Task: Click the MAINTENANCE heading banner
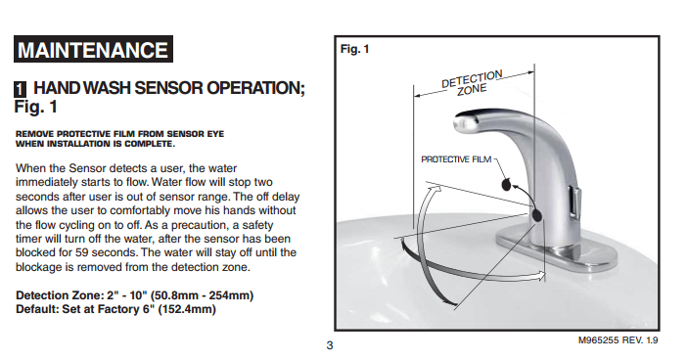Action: click(x=93, y=49)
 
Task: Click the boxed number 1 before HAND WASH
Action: click(x=20, y=89)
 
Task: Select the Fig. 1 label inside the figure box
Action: click(x=354, y=49)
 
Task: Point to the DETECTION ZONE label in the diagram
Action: click(x=472, y=83)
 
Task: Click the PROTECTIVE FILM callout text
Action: click(x=456, y=159)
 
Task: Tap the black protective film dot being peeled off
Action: click(x=506, y=185)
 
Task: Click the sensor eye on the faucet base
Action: click(x=536, y=215)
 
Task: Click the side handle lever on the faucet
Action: click(x=574, y=202)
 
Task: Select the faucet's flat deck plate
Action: click(x=556, y=252)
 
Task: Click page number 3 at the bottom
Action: click(x=330, y=345)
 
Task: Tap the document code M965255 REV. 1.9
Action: click(x=618, y=340)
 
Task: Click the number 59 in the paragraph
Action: click(x=81, y=252)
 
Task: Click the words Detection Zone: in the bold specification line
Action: click(x=60, y=295)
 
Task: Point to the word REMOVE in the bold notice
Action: click(x=34, y=134)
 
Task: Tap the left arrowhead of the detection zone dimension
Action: click(x=418, y=95)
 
